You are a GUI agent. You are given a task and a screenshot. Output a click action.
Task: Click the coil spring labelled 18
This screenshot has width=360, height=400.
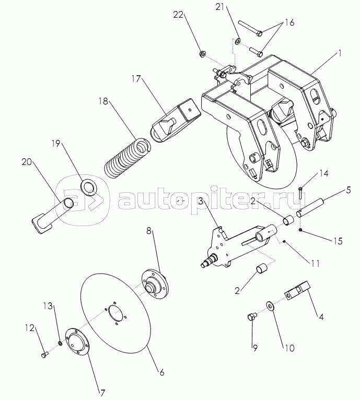coord(128,158)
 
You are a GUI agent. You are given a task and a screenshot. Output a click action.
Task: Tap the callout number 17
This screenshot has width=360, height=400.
coord(136,79)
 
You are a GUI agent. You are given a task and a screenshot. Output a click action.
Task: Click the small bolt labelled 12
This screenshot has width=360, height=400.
coord(44,355)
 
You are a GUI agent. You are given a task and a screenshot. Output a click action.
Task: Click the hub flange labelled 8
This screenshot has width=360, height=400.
coord(154,284)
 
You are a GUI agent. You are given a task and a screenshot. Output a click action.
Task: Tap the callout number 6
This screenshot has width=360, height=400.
coord(162,372)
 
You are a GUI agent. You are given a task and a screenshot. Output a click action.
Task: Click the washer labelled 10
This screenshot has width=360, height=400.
coord(270,305)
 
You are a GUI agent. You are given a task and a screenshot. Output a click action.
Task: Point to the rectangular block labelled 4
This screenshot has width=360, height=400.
coord(297,291)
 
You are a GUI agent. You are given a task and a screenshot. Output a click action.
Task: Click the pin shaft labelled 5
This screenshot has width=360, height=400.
coord(311,208)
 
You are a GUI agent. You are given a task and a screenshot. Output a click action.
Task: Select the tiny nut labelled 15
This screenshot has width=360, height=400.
coord(301,230)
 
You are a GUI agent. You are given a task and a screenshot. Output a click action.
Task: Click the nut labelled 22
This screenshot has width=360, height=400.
coord(202,54)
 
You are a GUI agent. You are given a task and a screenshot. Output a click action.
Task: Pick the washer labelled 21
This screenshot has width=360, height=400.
coord(238,41)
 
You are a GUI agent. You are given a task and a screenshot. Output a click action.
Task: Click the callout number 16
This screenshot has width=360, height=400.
coord(289,22)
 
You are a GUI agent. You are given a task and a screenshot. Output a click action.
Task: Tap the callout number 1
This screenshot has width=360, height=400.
coord(339,53)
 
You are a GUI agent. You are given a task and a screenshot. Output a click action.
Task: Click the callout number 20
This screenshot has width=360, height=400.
coord(27,162)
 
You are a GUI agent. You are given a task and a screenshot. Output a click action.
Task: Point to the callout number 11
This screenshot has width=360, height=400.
coord(315,263)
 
